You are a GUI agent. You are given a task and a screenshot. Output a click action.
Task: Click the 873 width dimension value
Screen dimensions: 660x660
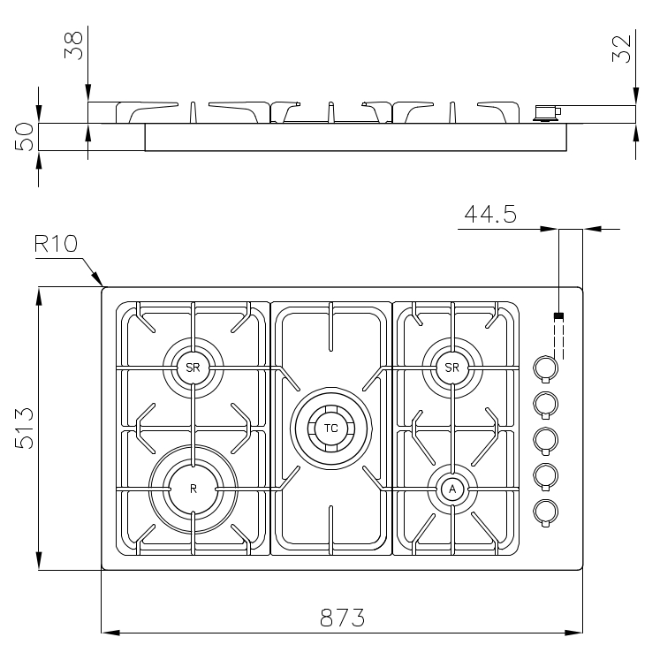(x=343, y=618)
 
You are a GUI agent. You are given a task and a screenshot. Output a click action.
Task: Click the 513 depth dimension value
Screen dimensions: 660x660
(x=25, y=429)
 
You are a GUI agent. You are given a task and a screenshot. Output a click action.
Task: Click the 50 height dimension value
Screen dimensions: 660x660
(x=25, y=137)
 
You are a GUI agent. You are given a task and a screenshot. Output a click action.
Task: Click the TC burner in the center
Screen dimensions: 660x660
(x=330, y=429)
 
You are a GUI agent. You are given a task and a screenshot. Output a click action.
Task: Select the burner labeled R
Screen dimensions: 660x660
(x=193, y=488)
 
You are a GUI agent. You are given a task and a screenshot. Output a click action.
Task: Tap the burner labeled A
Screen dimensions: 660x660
(x=452, y=489)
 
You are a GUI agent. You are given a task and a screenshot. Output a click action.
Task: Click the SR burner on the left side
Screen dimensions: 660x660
(x=193, y=367)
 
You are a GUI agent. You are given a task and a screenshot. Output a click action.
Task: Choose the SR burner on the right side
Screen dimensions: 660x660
(x=452, y=367)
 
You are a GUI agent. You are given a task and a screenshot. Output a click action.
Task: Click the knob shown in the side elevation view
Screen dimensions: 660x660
(x=546, y=111)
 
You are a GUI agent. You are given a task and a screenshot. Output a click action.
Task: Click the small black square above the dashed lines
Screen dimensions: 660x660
(x=558, y=315)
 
